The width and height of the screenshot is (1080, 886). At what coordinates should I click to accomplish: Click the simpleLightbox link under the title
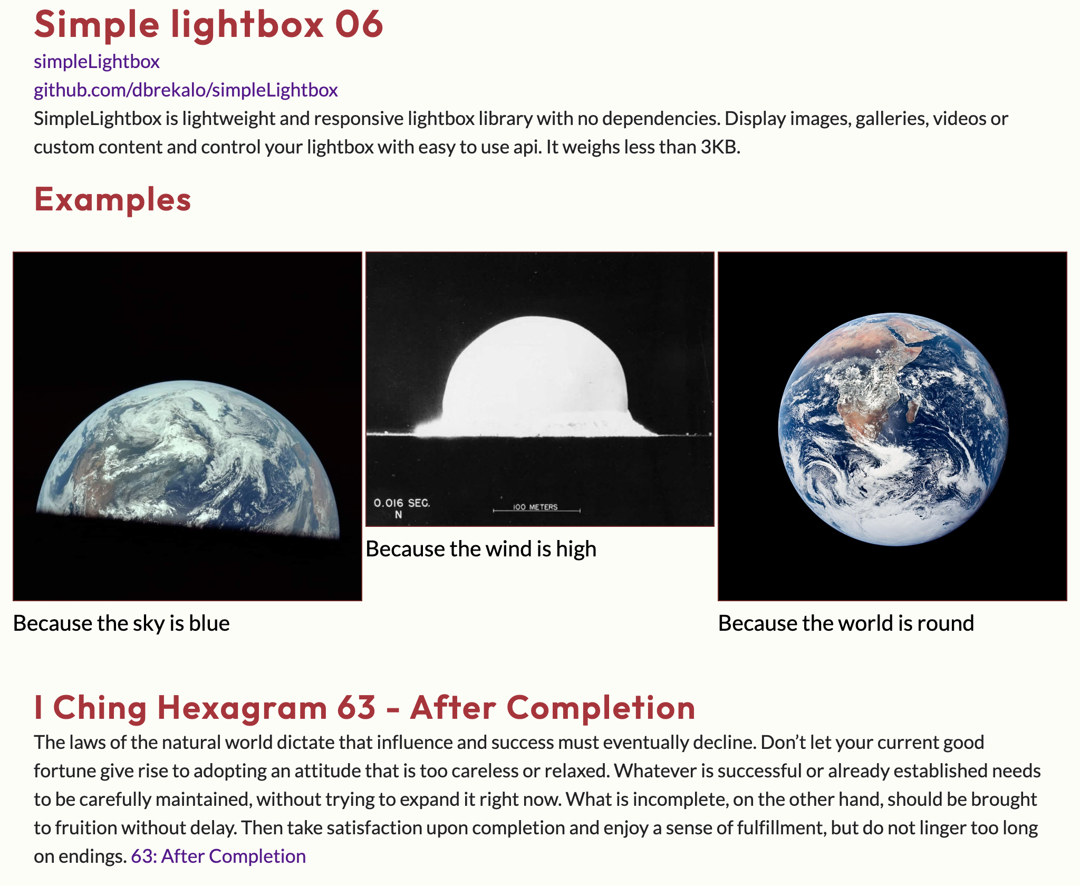click(97, 62)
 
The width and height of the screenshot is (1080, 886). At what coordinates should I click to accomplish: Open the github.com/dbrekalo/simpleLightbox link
click(186, 90)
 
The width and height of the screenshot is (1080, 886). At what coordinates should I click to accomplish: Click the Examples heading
click(113, 200)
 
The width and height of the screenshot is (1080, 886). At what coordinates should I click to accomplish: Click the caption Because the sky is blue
click(121, 623)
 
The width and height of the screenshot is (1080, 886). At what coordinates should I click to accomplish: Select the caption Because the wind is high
click(481, 549)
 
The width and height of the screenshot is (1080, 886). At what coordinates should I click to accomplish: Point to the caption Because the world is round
click(846, 623)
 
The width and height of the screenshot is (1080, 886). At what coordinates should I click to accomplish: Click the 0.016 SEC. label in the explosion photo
click(402, 503)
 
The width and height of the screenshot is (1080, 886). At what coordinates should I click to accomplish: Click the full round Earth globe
click(893, 429)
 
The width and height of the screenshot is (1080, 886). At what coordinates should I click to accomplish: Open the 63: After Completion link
click(218, 856)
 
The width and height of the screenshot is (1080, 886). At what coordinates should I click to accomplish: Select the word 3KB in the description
click(720, 147)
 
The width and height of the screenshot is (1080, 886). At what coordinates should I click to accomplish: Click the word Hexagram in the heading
click(242, 708)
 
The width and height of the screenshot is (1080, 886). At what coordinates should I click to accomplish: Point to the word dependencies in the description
click(661, 119)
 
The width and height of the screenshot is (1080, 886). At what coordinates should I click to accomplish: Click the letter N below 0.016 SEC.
click(399, 515)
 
